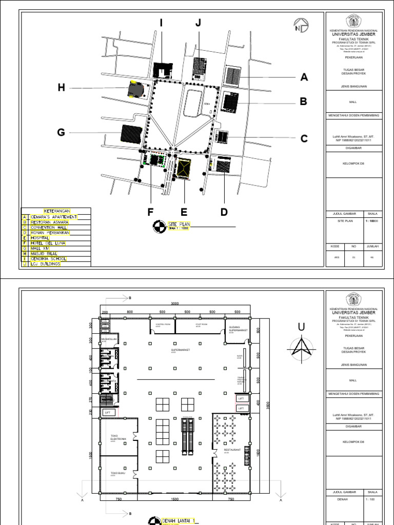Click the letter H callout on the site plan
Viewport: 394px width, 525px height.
tap(62, 88)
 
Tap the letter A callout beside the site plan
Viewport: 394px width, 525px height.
tap(304, 77)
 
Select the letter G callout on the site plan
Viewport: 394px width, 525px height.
tap(61, 133)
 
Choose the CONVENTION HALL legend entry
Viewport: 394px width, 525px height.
tap(48, 227)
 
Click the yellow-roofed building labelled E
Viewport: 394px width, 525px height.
tap(183, 169)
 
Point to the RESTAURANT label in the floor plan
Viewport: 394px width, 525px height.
tap(231, 450)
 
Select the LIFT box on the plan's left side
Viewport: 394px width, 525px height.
tap(108, 412)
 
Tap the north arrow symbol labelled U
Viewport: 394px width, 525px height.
tap(302, 345)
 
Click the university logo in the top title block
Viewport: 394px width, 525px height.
tap(353, 22)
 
